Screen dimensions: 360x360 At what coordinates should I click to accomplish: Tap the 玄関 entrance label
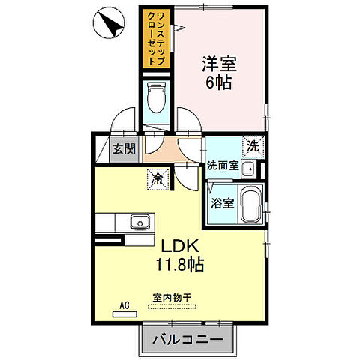(x=124, y=148)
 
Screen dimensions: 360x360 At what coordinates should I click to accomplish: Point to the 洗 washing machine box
(x=253, y=147)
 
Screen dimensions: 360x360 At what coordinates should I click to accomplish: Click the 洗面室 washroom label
(x=223, y=166)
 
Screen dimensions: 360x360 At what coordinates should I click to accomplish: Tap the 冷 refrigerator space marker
(x=158, y=178)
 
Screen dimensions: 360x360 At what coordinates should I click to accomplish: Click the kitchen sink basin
(x=139, y=222)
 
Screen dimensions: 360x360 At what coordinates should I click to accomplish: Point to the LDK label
(x=178, y=246)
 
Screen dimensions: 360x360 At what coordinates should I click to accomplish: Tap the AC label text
(x=124, y=305)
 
